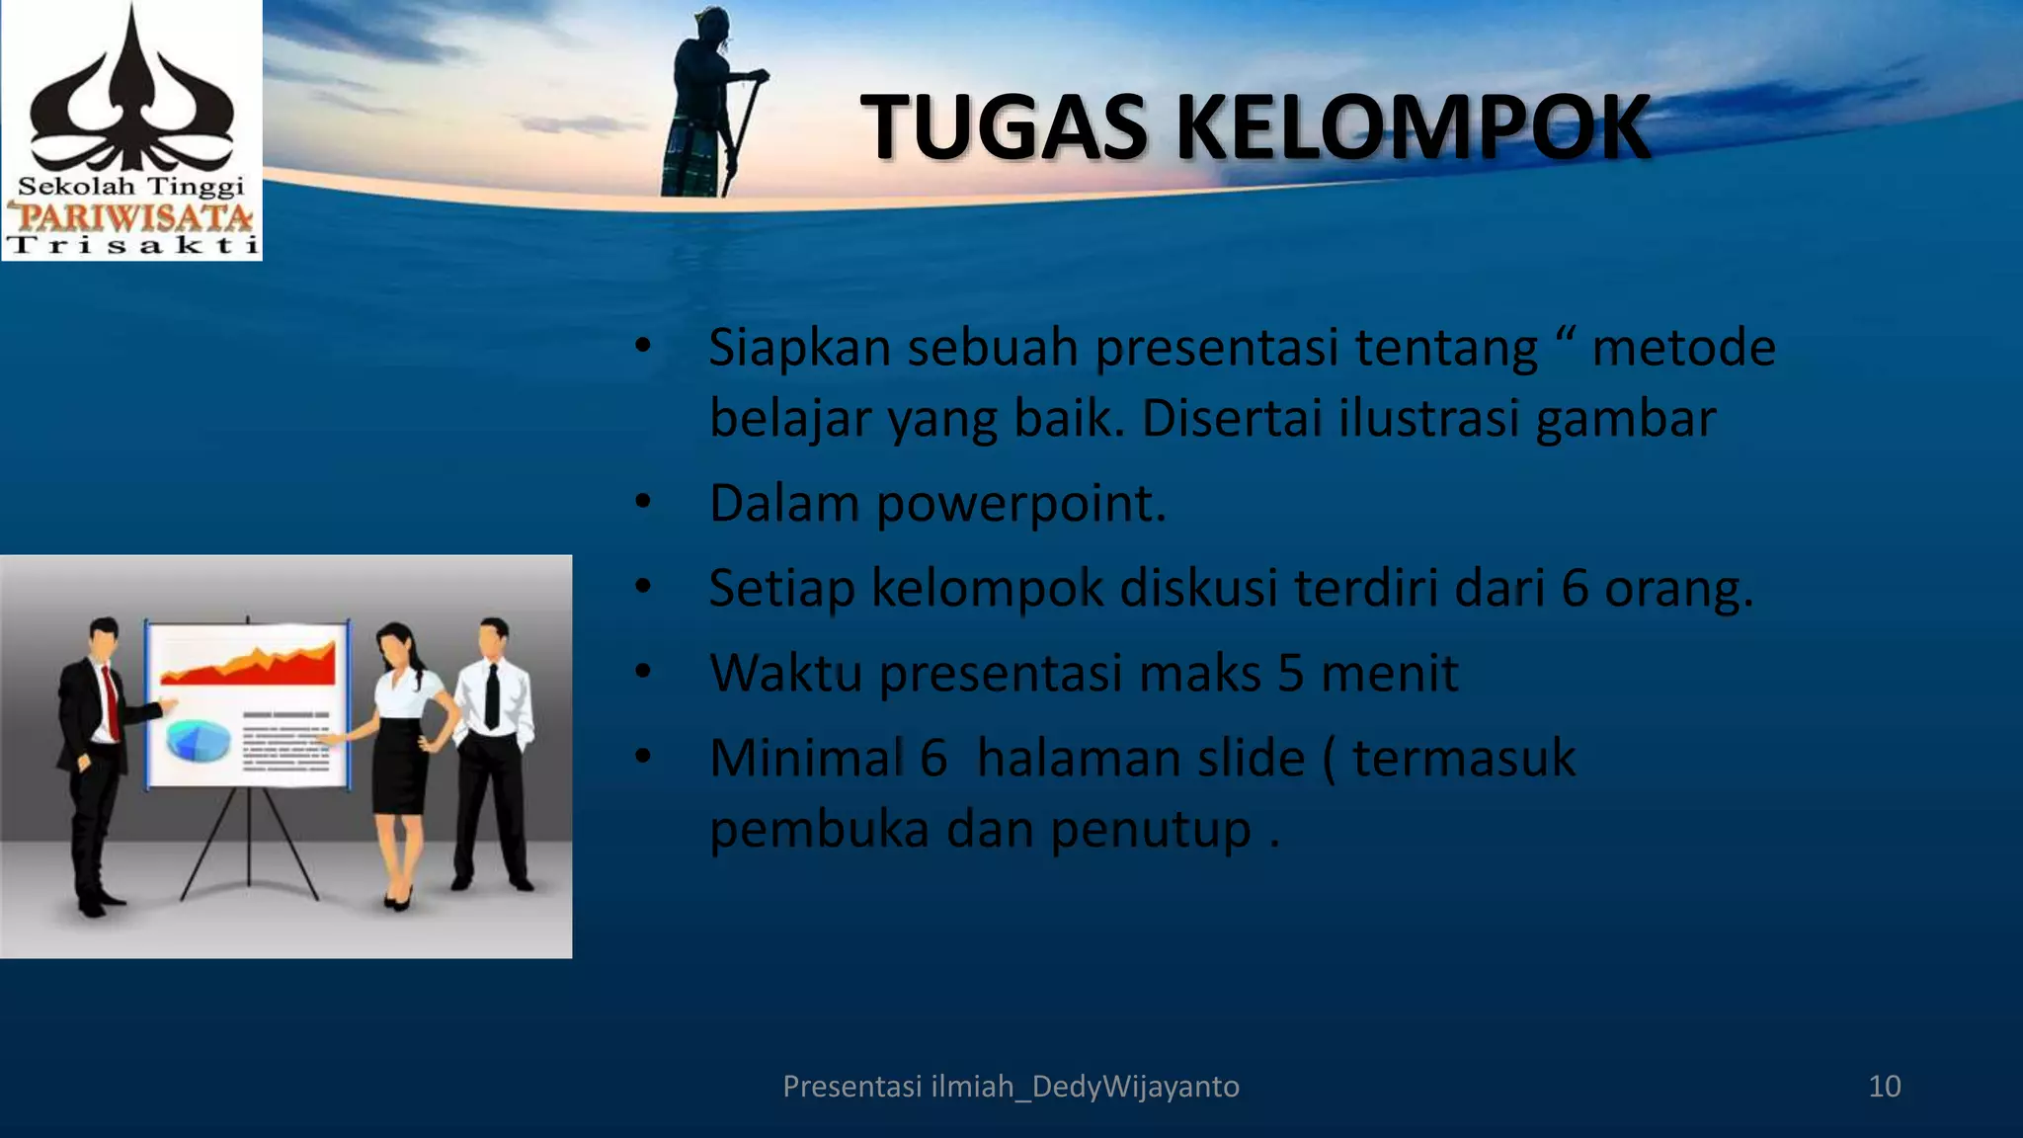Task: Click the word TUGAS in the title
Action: point(1003,128)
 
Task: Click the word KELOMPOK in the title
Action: point(1413,128)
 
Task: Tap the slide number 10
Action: point(1884,1087)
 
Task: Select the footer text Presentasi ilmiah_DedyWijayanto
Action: point(1011,1087)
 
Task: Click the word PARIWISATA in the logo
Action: point(130,216)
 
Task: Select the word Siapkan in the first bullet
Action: point(799,349)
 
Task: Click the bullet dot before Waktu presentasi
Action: point(643,672)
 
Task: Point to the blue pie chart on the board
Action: point(198,741)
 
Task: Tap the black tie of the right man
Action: point(492,695)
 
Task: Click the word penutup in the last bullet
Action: point(1151,830)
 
